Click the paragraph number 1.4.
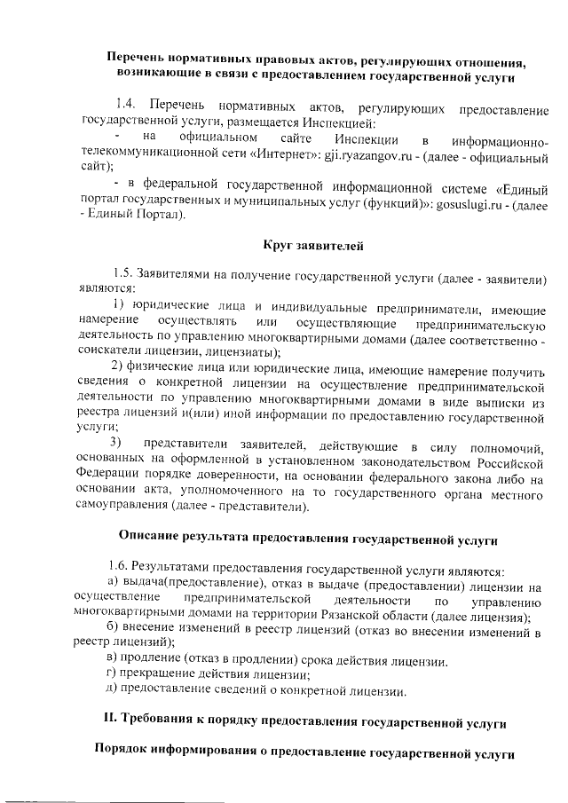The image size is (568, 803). [x=127, y=108]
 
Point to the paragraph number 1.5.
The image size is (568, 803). [x=125, y=278]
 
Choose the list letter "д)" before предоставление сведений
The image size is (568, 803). [x=112, y=690]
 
